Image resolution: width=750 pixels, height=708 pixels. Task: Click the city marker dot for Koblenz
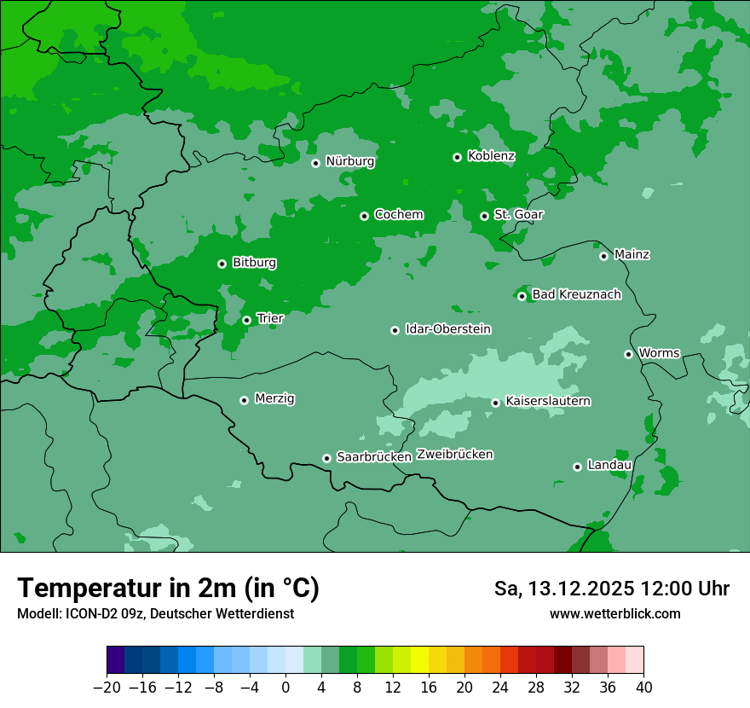(x=457, y=157)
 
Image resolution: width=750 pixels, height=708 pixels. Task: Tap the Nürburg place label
(x=350, y=161)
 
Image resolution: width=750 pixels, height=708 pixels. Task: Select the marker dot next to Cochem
(x=364, y=216)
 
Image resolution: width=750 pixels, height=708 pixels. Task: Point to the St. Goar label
(x=518, y=215)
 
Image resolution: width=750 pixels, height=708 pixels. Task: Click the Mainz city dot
(x=603, y=256)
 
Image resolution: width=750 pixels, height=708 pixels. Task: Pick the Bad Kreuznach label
(x=576, y=295)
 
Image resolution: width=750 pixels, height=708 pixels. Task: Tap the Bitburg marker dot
(x=222, y=264)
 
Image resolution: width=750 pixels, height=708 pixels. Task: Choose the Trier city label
(x=270, y=319)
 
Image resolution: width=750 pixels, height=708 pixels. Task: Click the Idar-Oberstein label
(x=447, y=329)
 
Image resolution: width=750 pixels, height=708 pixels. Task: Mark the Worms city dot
(x=628, y=354)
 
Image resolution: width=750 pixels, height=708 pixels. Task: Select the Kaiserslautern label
(x=548, y=402)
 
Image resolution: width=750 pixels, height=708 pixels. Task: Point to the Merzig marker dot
(x=244, y=400)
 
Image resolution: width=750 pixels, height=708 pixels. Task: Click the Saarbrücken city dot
(x=326, y=458)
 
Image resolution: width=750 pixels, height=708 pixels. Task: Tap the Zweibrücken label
(x=454, y=455)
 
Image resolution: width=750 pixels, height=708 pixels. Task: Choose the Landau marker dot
(x=577, y=467)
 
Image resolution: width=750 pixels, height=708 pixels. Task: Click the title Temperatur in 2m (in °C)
(x=168, y=588)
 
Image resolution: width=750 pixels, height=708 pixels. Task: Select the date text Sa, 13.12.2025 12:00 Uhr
(x=611, y=589)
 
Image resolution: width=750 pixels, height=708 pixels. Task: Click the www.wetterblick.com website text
(x=614, y=614)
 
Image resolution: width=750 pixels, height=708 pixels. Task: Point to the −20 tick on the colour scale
(x=107, y=688)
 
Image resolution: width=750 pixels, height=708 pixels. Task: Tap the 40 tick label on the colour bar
(x=643, y=688)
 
